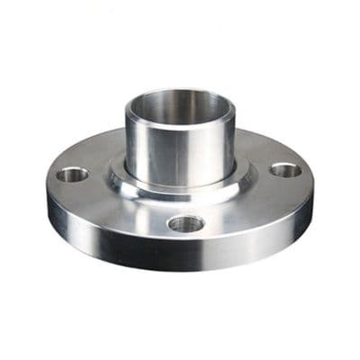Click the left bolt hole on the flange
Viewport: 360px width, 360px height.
[72, 174]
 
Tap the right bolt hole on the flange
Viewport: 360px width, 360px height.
[285, 169]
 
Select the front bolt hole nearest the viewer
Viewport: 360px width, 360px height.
[184, 223]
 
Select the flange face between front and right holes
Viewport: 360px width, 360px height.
[247, 205]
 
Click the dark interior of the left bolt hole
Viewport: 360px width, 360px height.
[72, 175]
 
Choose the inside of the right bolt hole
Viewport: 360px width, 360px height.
[285, 169]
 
